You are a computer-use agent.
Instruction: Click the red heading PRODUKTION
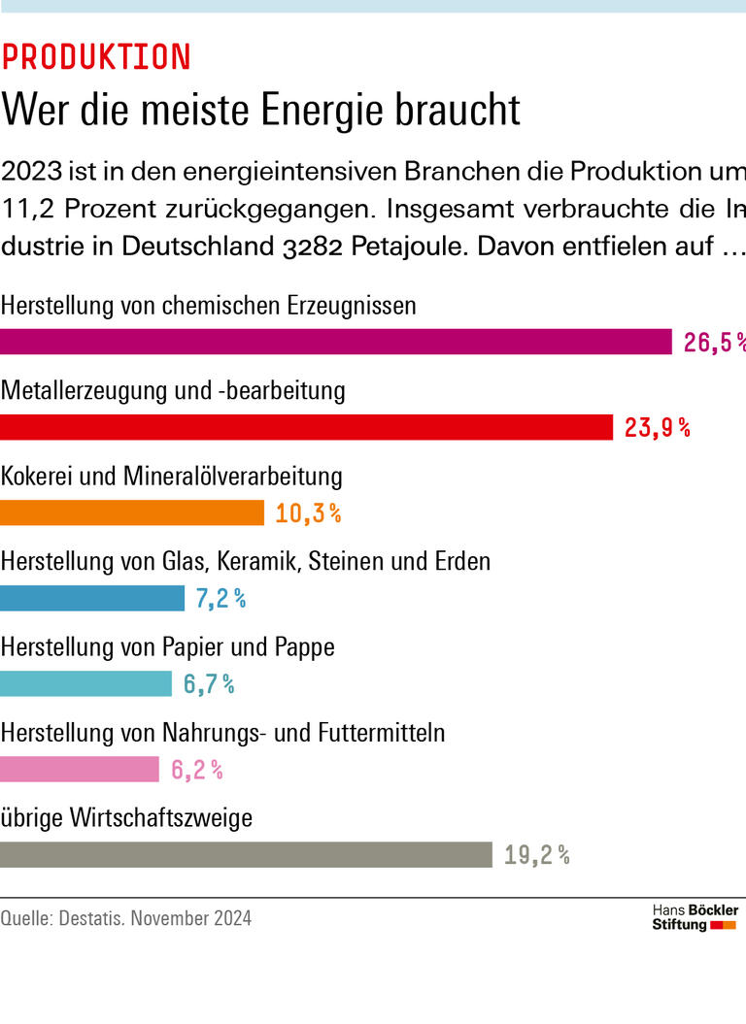pos(95,58)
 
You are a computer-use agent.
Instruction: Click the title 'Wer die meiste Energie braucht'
pos(260,110)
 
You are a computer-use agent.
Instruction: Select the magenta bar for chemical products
pos(335,342)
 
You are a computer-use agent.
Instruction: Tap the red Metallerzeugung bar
pos(306,427)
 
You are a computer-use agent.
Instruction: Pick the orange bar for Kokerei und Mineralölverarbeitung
pos(132,512)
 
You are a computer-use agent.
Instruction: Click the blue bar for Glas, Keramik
pos(92,598)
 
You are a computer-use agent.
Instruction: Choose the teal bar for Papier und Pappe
pos(85,683)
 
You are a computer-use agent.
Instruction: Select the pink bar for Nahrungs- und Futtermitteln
pos(80,769)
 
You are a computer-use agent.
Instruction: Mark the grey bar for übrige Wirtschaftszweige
pos(246,854)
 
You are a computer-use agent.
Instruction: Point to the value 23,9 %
pos(657,428)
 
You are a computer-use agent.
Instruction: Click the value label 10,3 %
pos(308,513)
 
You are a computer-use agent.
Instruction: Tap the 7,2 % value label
pos(220,599)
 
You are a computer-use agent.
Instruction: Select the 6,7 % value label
pos(209,684)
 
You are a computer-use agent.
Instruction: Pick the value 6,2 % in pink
pos(197,770)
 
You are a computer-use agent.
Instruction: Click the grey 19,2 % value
pos(536,855)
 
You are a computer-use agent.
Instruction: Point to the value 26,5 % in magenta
pos(714,343)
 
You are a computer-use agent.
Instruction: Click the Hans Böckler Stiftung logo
pos(695,917)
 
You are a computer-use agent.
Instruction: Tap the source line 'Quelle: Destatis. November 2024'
pos(126,918)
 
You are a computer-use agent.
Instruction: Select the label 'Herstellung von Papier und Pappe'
pos(168,647)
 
